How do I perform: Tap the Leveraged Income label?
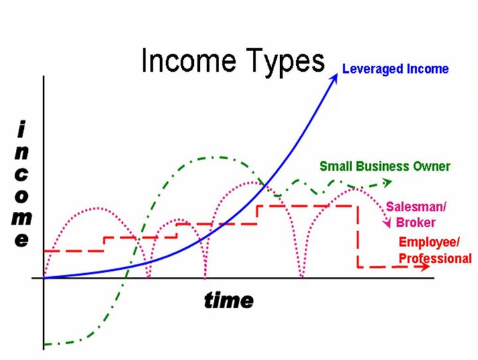point(395,69)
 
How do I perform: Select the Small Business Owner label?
point(385,166)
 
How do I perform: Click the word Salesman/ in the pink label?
point(416,207)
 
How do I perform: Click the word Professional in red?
point(435,258)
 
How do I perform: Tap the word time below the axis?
point(228,300)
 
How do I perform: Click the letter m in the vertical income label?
point(22,219)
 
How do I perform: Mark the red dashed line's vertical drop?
point(358,236)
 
